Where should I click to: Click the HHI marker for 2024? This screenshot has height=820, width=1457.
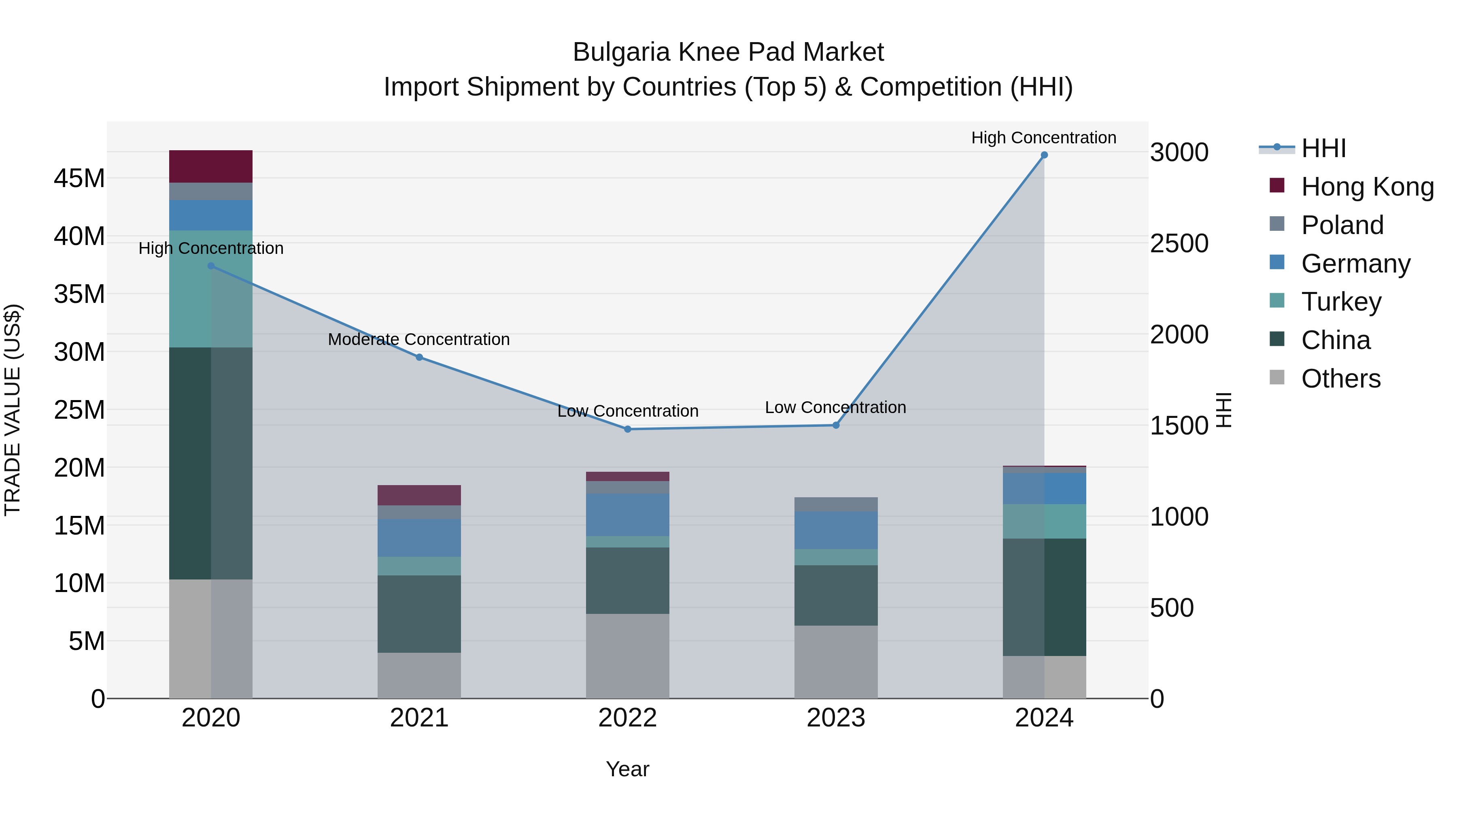click(1044, 155)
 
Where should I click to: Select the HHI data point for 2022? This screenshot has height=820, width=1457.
click(627, 429)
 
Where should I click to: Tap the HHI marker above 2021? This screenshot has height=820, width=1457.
click(419, 357)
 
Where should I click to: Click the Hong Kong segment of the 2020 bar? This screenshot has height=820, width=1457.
click(210, 166)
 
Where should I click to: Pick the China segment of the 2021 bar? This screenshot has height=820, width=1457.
click(419, 614)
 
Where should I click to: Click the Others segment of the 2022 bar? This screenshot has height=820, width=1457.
click(627, 656)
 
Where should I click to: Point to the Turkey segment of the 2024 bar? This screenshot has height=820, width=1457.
click(1044, 521)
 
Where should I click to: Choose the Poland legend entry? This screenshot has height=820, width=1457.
click(1342, 225)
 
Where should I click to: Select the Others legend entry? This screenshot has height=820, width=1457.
click(1340, 379)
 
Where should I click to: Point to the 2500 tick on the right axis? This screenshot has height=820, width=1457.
click(1179, 243)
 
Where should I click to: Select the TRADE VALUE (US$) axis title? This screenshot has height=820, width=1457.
click(13, 410)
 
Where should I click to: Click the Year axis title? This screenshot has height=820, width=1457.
click(627, 769)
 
